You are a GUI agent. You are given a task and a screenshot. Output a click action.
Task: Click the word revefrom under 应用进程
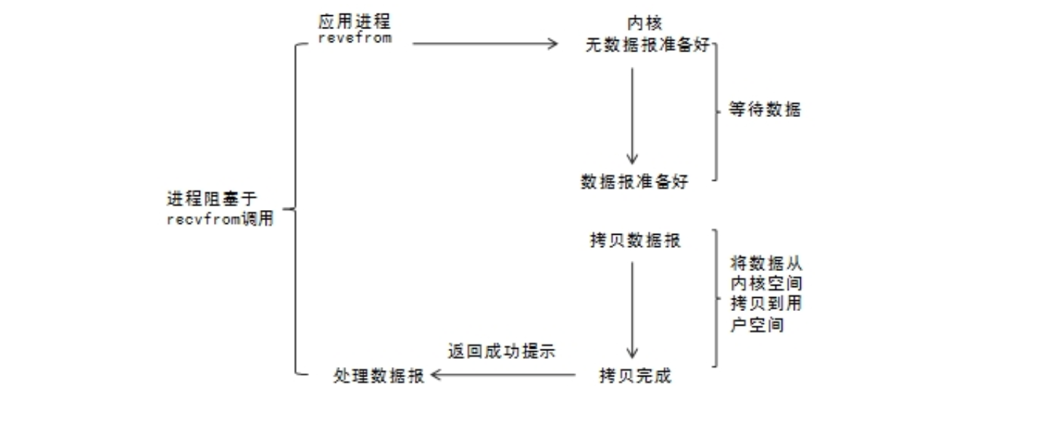pos(355,39)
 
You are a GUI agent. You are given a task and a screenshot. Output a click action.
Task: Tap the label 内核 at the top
pos(645,24)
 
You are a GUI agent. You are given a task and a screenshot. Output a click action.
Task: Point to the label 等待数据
pos(765,110)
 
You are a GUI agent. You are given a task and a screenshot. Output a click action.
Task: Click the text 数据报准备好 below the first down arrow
pos(634,182)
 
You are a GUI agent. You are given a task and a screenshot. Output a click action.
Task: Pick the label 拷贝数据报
pos(636,241)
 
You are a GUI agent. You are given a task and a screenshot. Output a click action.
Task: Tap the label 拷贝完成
pos(635,376)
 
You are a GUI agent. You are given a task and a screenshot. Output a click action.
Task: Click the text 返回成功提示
pos(501,352)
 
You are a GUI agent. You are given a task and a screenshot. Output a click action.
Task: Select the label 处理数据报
pos(378,376)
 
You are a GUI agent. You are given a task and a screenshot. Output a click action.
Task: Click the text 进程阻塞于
pos(212,198)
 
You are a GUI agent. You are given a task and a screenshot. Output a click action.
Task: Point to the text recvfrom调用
pos(220,219)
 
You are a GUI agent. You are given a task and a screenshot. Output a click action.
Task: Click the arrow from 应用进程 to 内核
pos(484,44)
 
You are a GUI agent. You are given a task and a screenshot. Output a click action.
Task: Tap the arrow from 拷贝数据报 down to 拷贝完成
pos(632,309)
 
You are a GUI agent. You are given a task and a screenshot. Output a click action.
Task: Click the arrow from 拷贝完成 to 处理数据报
pos(503,375)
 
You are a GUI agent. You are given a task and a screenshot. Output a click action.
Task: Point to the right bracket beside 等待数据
pos(717,110)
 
